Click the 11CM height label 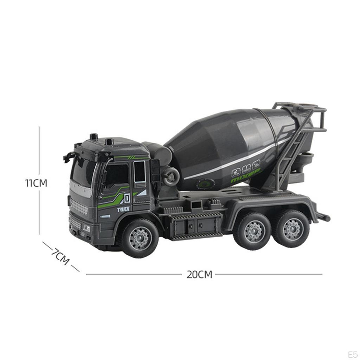pyautogui.click(x=36, y=183)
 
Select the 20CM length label pyautogui.click(x=199, y=275)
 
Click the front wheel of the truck pyautogui.click(x=140, y=238)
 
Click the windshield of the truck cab pyautogui.click(x=83, y=171)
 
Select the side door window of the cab pyautogui.click(x=117, y=174)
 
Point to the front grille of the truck pyautogui.click(x=79, y=206)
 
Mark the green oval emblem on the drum pyautogui.click(x=206, y=183)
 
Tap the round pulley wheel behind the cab pyautogui.click(x=171, y=176)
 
